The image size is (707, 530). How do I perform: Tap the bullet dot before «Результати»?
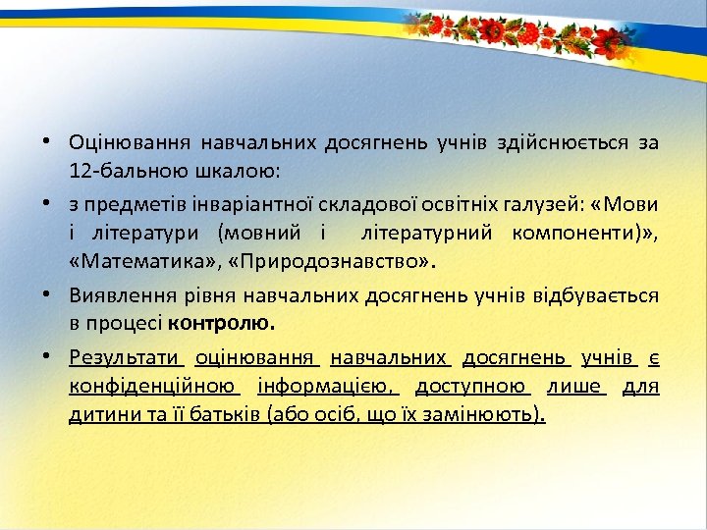(x=46, y=356)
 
